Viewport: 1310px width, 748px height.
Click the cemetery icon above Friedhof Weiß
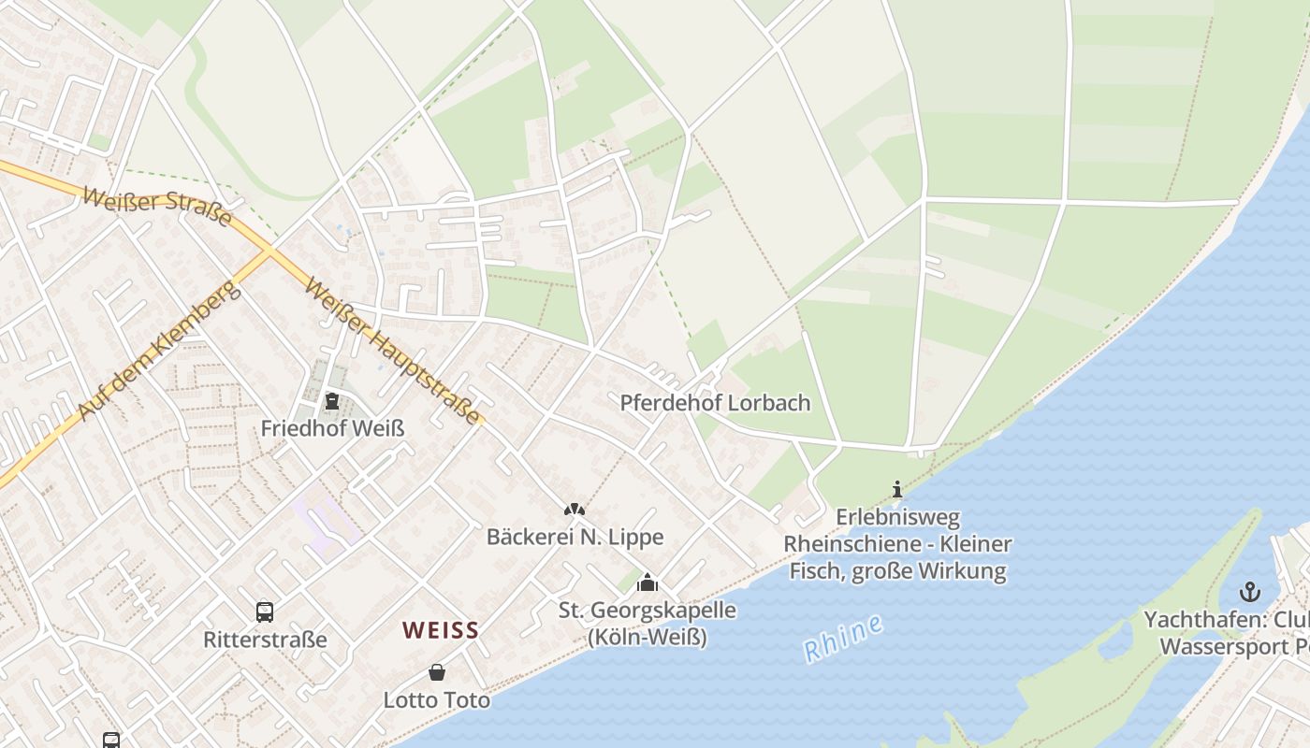(331, 402)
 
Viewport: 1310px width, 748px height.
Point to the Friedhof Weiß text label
(332, 428)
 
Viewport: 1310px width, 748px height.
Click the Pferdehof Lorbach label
(715, 403)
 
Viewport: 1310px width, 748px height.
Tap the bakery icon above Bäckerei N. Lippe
(574, 510)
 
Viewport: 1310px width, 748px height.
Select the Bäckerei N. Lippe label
(575, 537)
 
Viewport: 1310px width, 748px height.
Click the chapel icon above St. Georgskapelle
(647, 583)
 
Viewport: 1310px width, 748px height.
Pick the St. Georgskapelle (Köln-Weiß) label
(648, 624)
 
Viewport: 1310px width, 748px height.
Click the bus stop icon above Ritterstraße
(265, 612)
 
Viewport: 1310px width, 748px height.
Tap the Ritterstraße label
(265, 640)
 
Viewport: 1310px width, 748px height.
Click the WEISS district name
(441, 630)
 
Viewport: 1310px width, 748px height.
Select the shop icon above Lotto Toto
(437, 672)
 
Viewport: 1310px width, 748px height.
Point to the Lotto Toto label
(437, 699)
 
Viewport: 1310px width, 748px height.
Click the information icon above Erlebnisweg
(897, 489)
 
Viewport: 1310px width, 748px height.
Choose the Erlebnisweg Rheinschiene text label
(897, 543)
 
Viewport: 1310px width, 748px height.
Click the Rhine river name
(843, 640)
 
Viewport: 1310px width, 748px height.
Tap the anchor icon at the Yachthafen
(1249, 592)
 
